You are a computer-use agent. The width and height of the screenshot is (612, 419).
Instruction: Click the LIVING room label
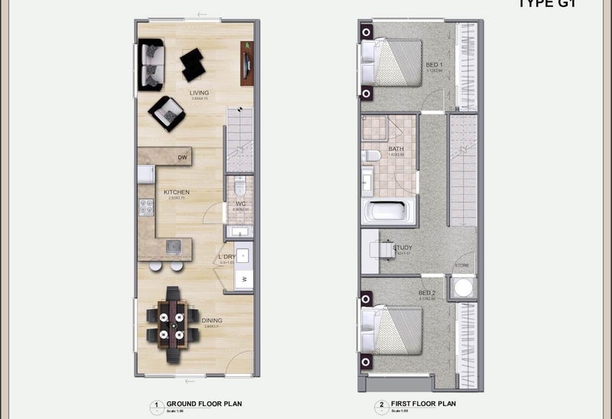[x=199, y=93]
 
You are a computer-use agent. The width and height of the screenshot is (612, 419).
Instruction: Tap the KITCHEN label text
[x=177, y=192]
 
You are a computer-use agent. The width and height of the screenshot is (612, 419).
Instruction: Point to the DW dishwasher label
[x=182, y=158]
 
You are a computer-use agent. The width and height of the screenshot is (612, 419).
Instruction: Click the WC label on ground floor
[x=240, y=203]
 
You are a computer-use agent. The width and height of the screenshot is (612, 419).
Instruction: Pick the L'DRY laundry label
[x=226, y=256]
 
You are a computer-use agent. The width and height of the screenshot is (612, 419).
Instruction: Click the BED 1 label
[x=434, y=65]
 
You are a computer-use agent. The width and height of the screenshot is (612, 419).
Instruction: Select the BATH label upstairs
[x=396, y=149]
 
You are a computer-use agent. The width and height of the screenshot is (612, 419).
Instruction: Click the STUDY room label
[x=402, y=248]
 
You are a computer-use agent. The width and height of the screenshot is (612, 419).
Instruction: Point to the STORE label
[x=462, y=265]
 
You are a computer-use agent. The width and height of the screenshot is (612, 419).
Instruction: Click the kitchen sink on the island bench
[x=174, y=246]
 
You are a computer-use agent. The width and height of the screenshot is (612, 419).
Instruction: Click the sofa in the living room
[x=151, y=65]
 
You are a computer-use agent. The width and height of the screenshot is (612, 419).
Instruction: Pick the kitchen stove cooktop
[x=145, y=206]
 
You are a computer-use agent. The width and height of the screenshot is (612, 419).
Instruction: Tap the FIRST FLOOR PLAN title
[x=424, y=403]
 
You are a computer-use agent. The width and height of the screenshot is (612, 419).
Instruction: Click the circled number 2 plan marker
[x=381, y=404]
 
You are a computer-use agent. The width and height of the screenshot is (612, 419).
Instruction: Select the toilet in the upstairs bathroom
[x=373, y=156]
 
